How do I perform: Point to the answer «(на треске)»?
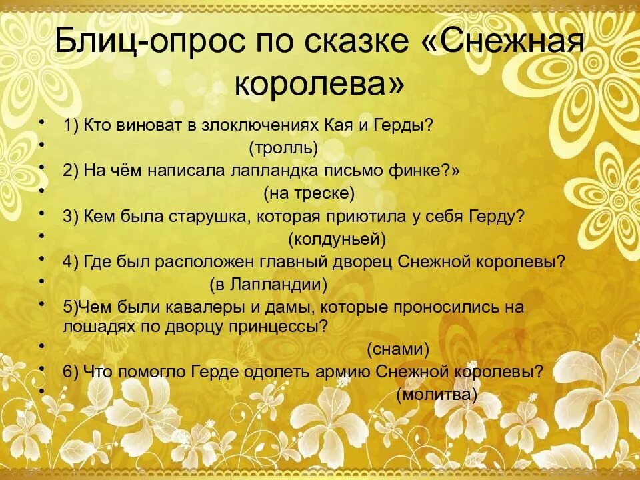click(x=309, y=193)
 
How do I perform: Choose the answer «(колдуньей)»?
click(x=337, y=238)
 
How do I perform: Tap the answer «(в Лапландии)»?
click(x=269, y=285)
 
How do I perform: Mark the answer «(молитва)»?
click(x=437, y=394)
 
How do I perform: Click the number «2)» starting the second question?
click(x=71, y=170)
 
